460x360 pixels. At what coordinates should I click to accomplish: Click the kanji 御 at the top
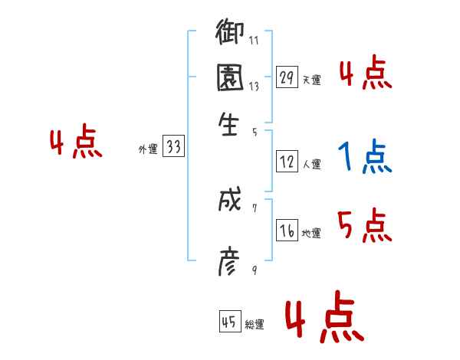(229, 34)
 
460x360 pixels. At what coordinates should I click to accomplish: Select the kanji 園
(229, 78)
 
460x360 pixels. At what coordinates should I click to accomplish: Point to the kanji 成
(229, 201)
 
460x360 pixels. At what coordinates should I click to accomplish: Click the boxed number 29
(287, 77)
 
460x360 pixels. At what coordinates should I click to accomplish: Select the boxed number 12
(287, 162)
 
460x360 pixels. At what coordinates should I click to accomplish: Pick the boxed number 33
(173, 148)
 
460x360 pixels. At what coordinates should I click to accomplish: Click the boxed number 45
(228, 322)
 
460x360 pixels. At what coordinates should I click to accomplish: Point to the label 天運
(311, 79)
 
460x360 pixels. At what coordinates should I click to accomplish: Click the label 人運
(311, 164)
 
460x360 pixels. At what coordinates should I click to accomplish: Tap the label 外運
(148, 149)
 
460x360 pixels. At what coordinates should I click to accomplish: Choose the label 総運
(255, 324)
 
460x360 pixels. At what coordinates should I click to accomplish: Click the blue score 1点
(364, 158)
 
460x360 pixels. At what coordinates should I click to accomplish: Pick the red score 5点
(364, 226)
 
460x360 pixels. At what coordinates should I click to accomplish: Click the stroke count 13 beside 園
(254, 86)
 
